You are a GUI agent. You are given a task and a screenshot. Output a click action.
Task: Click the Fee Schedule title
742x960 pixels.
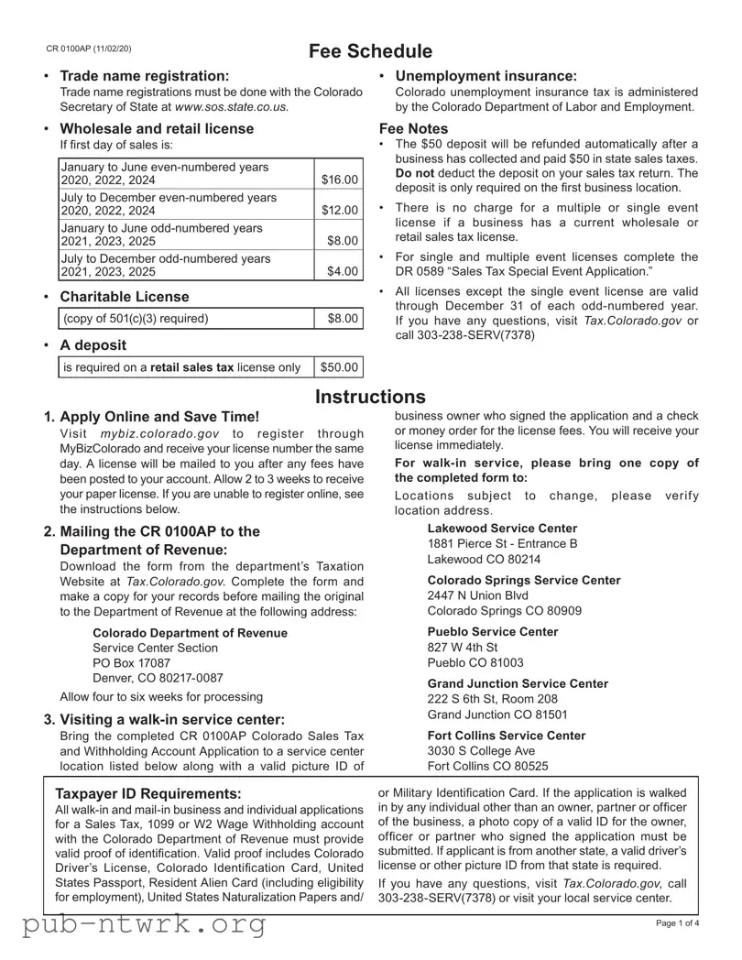click(x=370, y=51)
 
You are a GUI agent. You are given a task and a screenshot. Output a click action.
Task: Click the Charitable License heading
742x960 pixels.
click(x=125, y=297)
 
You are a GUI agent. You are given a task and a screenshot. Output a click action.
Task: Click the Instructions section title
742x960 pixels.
click(x=370, y=397)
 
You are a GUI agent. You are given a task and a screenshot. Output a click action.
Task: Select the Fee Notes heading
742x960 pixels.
click(x=414, y=129)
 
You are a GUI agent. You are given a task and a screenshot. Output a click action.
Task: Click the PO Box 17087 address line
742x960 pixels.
click(x=132, y=662)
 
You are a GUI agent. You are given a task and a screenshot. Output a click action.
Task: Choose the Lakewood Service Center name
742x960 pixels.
click(x=502, y=529)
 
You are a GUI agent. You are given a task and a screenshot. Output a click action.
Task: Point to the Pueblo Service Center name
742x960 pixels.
click(x=493, y=632)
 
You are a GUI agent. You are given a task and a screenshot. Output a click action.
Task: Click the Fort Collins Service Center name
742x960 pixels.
click(x=507, y=736)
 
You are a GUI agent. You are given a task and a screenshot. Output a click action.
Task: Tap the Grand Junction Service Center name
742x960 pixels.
click(x=518, y=683)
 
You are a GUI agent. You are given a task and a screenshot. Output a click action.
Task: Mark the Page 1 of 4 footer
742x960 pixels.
click(x=678, y=922)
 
